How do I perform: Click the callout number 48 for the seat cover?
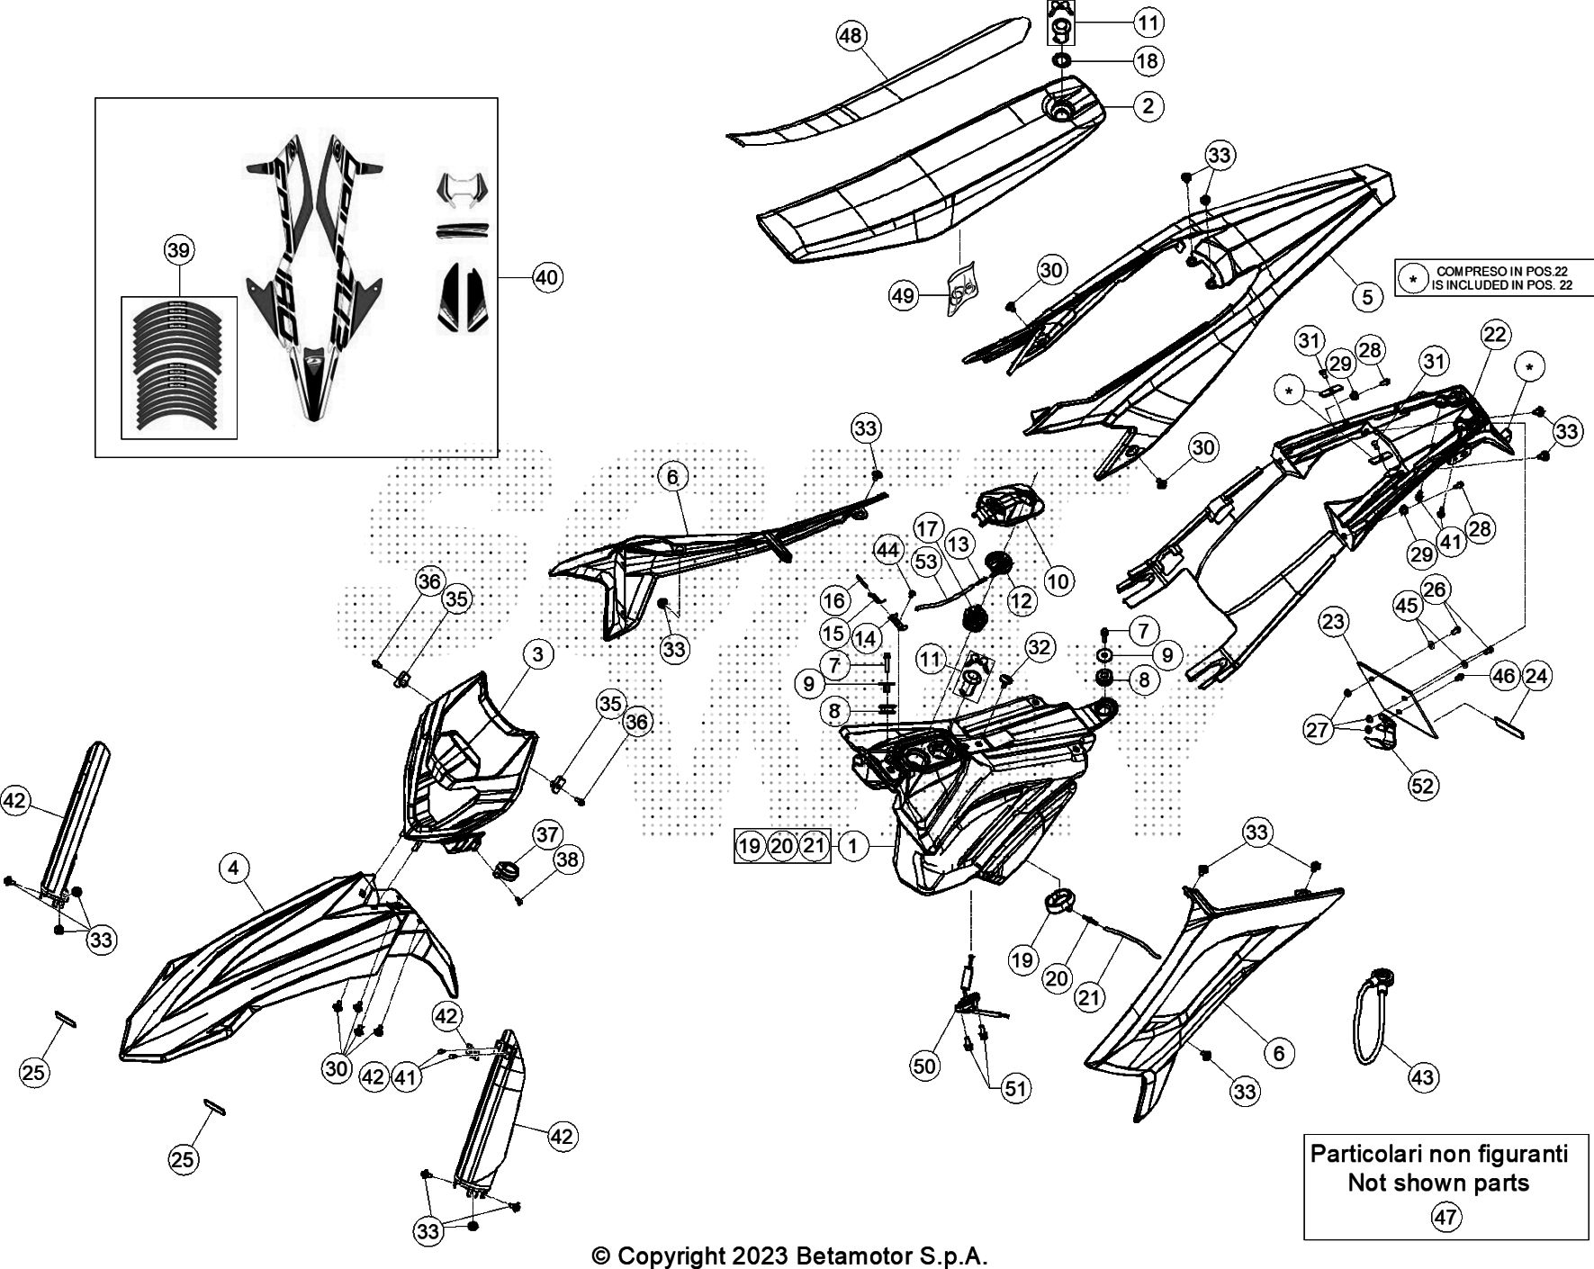[850, 37]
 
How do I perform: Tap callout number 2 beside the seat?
[1147, 106]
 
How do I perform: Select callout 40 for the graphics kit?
[546, 277]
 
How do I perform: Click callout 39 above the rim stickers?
[178, 250]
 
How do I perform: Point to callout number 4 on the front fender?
[233, 868]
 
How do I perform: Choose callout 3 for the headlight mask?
[537, 654]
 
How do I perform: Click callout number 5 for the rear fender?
[1366, 296]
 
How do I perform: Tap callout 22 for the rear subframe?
[1494, 335]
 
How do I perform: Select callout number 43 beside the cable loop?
[1423, 1076]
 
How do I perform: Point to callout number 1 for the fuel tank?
[852, 845]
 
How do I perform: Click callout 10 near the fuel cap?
[1058, 580]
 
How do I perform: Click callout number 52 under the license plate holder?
[1422, 785]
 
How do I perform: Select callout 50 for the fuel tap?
[924, 1066]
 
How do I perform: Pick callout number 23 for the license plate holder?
[1334, 622]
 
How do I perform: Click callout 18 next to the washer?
[1147, 61]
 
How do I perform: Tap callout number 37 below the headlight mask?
[547, 834]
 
